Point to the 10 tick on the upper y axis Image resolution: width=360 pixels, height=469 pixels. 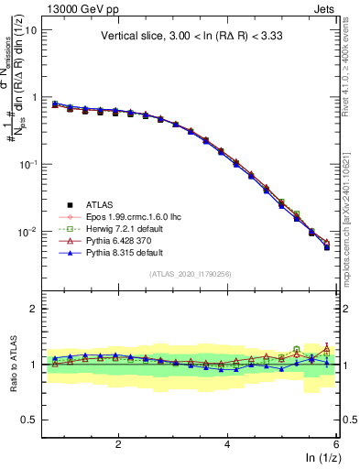(x=30, y=29)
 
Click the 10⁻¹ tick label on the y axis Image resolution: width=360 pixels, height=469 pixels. (x=27, y=164)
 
